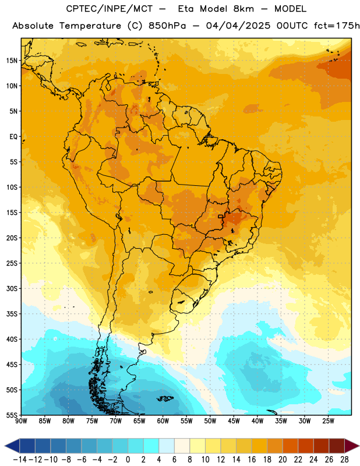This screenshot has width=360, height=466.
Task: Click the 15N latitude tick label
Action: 12,61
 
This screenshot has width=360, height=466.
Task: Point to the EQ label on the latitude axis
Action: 13,137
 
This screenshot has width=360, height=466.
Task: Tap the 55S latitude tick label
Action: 12,415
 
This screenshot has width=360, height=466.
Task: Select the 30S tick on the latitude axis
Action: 12,288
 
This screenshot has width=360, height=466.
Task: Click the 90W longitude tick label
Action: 22,421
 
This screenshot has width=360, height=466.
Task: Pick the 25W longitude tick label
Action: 328,421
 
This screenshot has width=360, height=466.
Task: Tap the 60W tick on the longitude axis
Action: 163,421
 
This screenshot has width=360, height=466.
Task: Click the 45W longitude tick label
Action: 234,421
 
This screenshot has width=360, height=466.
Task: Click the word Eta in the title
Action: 186,9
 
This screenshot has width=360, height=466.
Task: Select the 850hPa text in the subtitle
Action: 167,26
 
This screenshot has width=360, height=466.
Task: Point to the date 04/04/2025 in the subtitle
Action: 238,26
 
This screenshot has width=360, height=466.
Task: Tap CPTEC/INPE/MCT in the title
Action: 110,9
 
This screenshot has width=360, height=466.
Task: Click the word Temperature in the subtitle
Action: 90,26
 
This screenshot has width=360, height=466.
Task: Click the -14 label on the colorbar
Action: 20,460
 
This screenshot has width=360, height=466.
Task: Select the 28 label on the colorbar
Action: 344,460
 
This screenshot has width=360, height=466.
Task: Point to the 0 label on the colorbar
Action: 128,460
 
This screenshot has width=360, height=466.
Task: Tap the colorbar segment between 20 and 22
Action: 291,446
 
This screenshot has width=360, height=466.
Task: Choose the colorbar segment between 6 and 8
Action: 182,446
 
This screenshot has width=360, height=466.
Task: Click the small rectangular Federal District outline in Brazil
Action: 220,216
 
